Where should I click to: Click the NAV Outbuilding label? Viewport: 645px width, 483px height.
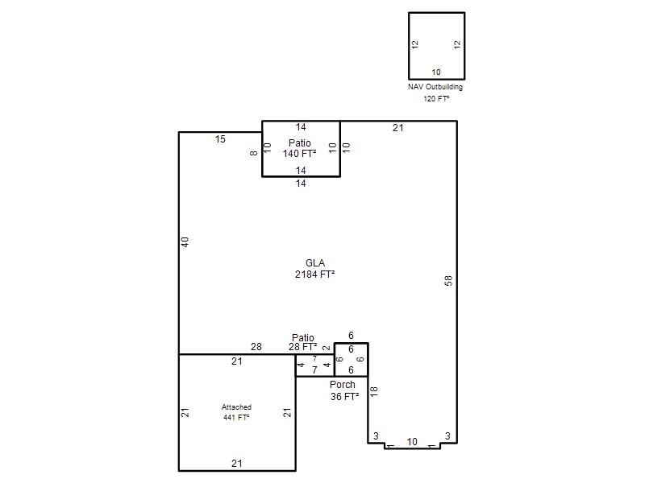435,87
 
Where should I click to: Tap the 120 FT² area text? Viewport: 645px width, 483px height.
436,98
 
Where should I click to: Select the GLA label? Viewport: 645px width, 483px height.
315,263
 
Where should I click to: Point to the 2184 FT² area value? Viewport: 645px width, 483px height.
314,274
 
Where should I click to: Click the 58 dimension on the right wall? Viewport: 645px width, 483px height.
448,280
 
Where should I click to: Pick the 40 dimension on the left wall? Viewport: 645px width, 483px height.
185,242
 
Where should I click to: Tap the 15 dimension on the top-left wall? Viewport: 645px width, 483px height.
220,139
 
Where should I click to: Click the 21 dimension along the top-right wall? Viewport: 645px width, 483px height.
397,128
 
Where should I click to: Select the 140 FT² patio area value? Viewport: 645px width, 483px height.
299,154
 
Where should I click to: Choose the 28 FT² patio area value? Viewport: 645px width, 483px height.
303,347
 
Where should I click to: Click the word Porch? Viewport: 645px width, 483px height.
342,385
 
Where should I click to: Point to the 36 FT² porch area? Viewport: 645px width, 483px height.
345,397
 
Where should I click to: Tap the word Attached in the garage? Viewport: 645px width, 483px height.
236,407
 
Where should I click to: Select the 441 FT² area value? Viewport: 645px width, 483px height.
236,417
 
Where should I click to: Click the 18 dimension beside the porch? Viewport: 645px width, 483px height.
373,391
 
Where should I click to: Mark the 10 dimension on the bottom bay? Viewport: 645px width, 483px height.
412,441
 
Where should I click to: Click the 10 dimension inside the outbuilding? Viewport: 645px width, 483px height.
436,72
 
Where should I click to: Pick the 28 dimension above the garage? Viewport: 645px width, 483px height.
256,347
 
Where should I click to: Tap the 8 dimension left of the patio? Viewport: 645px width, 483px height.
253,153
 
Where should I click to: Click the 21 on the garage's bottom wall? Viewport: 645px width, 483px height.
236,464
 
